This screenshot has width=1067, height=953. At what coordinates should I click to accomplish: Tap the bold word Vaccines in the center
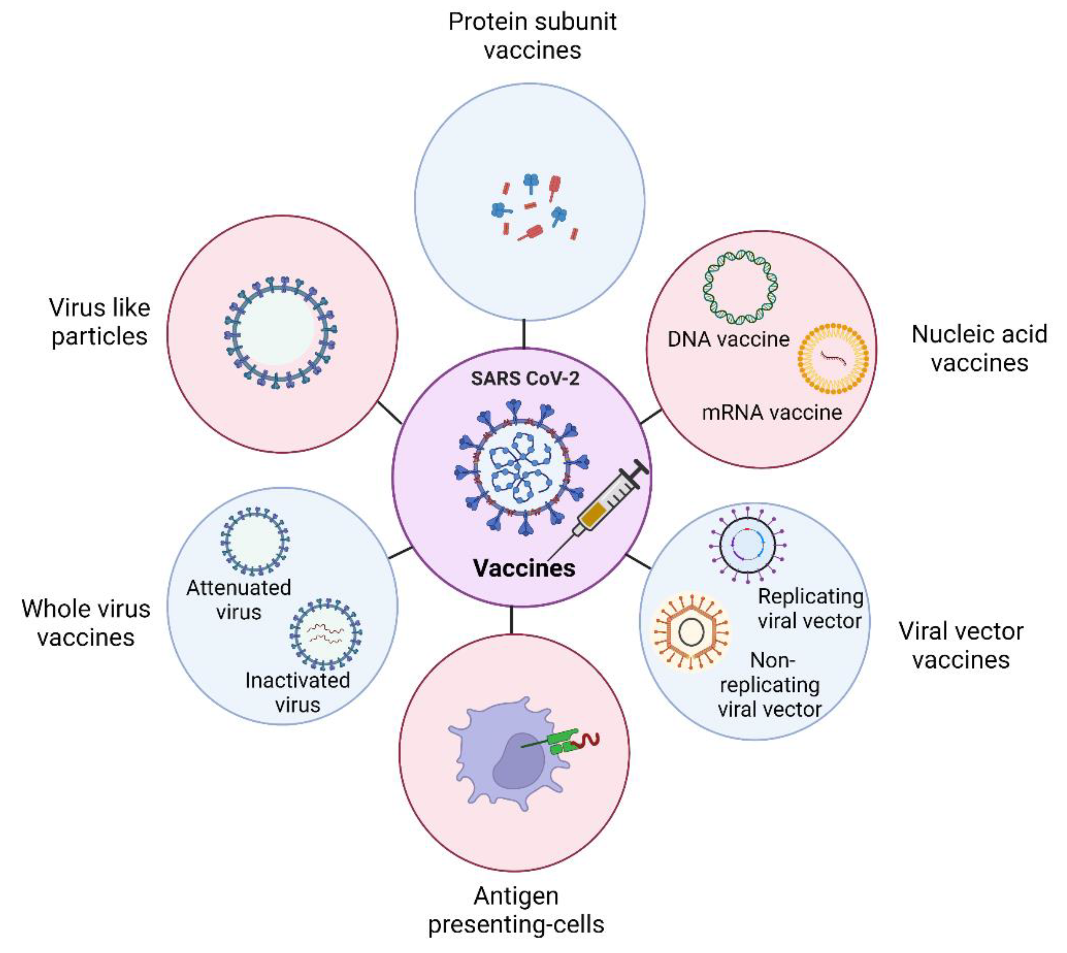[x=524, y=568]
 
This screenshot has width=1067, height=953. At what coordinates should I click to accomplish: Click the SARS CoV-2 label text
[x=525, y=378]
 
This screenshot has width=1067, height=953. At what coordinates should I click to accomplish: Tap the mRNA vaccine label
[x=772, y=413]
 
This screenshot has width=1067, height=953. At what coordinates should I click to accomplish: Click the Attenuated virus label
[x=239, y=600]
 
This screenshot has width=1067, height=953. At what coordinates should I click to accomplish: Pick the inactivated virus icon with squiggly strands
[x=326, y=634]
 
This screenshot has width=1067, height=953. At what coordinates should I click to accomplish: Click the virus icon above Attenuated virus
[x=254, y=541]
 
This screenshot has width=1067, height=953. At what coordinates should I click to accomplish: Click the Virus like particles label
[x=99, y=322]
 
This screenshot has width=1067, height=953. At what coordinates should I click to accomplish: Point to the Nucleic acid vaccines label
[x=979, y=348]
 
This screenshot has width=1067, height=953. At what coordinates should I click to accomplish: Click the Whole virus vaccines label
[x=86, y=623]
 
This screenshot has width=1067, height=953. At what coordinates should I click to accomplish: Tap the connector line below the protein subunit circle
[x=523, y=333]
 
